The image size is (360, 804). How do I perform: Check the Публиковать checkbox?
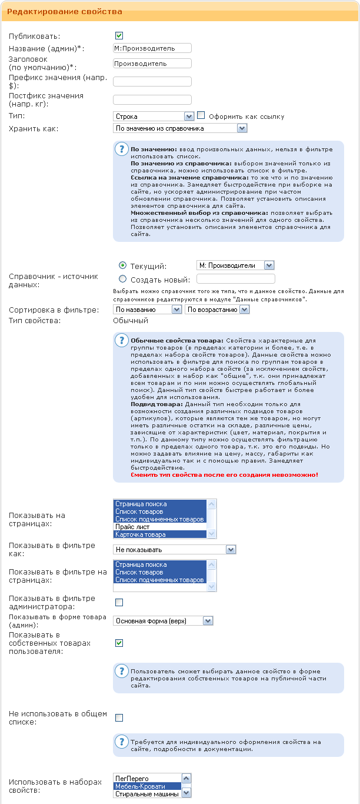point(119,36)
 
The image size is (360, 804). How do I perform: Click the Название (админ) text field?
point(152,48)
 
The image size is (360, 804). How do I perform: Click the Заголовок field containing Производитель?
point(152,64)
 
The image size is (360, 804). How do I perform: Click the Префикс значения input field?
point(152,81)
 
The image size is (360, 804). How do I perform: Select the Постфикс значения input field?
point(152,99)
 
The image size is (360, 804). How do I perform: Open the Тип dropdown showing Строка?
point(153,117)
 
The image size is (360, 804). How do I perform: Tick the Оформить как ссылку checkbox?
point(201,116)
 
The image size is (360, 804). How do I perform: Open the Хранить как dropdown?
point(179,128)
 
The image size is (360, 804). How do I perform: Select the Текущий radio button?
point(123,265)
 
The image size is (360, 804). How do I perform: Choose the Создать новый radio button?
point(123,280)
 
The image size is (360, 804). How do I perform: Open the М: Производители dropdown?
point(235,265)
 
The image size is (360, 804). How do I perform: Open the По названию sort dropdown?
point(147,310)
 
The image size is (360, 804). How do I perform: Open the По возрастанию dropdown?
point(217,310)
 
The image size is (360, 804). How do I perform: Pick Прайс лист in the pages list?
point(160,527)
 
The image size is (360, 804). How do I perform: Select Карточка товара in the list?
point(160,534)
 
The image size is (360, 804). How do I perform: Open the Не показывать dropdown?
point(174,550)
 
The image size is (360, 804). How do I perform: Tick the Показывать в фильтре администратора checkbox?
point(119,602)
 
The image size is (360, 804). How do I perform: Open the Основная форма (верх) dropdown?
point(163,620)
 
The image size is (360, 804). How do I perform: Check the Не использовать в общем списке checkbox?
point(119,717)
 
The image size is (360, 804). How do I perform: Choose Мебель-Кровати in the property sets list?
point(148,786)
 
